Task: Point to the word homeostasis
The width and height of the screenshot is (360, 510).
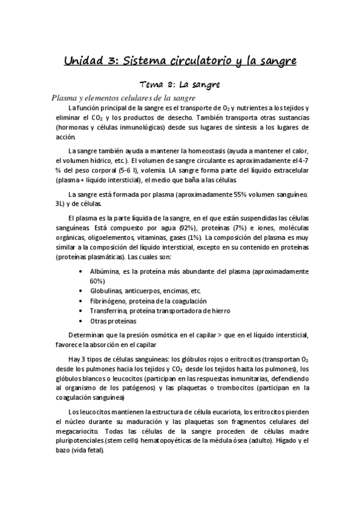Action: point(191,150)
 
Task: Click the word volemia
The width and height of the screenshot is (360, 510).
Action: point(162,170)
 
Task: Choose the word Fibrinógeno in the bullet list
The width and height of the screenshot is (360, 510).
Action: point(109,301)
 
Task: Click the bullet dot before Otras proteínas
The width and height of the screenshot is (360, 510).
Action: point(81,321)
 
